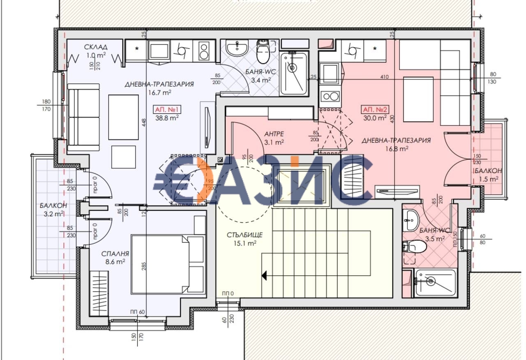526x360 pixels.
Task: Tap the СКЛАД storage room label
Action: [x=96, y=47]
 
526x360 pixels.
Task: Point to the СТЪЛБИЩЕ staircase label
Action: [x=244, y=235]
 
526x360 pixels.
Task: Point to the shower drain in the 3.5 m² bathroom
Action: [x=430, y=282]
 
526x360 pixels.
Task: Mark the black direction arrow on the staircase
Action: [x=264, y=275]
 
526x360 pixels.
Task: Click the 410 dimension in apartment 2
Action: [x=384, y=76]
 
